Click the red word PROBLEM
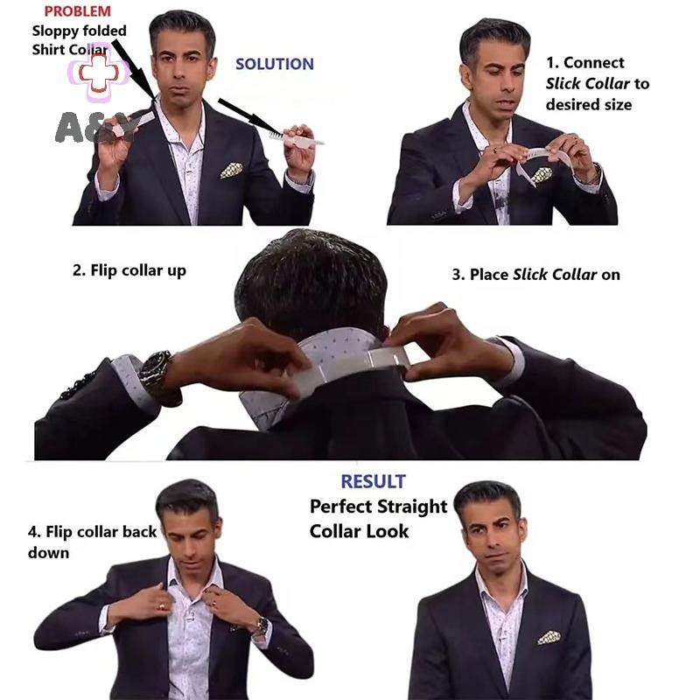77,11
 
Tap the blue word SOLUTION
275,64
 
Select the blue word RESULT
374,482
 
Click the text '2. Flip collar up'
129,270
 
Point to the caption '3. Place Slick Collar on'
536,275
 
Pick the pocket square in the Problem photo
232,170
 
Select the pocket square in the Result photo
549,638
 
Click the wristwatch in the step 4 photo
262,625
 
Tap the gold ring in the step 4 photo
161,606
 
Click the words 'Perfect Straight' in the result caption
379,507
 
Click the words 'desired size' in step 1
589,105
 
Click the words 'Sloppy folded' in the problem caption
80,31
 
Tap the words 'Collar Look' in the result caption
360,531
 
